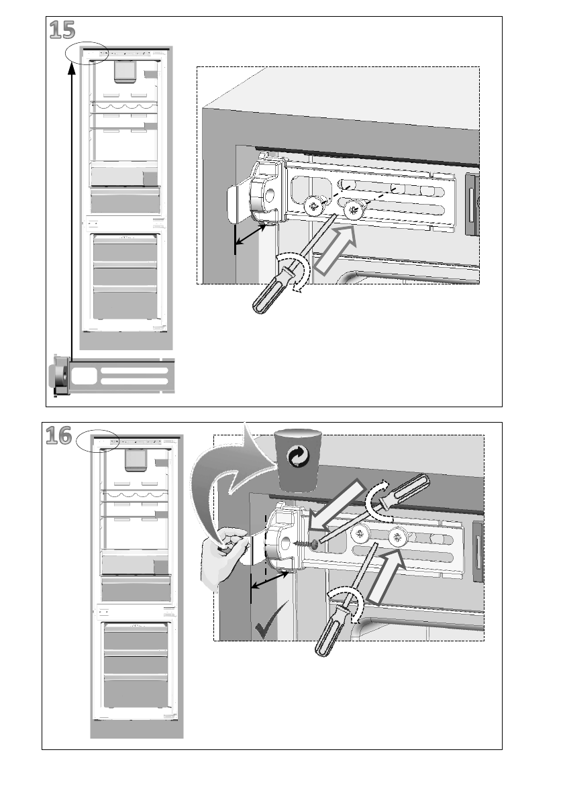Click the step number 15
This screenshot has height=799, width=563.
[x=61, y=30]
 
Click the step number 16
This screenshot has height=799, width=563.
[x=59, y=436]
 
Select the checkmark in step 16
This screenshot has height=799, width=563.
[x=269, y=625]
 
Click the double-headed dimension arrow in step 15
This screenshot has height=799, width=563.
[x=254, y=234]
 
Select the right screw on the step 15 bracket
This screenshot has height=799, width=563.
[x=352, y=211]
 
